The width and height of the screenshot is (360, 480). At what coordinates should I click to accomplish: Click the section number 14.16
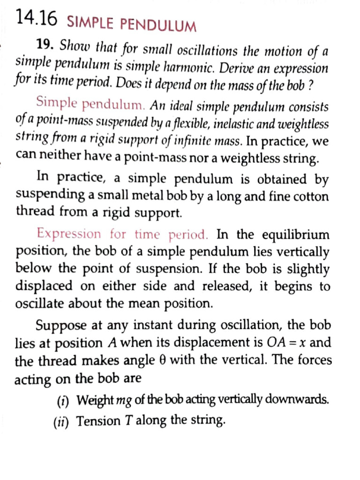pyautogui.click(x=36, y=18)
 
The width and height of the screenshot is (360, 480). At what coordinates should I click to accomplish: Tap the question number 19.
pyautogui.click(x=47, y=45)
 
